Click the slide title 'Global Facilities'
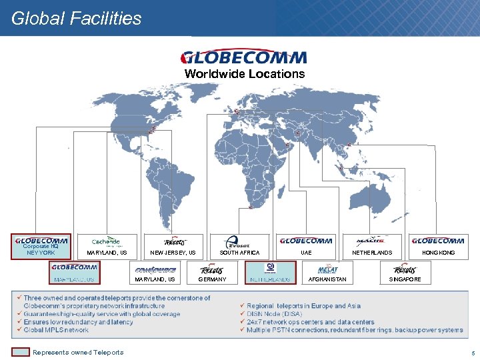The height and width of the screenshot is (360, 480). tap(77, 18)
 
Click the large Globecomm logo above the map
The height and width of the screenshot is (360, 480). tap(244, 57)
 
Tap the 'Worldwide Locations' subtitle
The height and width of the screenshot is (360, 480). tap(244, 74)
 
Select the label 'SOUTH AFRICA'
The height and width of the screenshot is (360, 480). tap(239, 253)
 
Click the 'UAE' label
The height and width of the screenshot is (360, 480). tap(306, 253)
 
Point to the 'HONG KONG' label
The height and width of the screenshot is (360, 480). tap(439, 253)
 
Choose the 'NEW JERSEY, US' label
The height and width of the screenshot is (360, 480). tap(173, 253)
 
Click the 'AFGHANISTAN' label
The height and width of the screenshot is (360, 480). tap(329, 279)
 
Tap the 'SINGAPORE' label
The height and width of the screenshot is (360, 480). tap(405, 279)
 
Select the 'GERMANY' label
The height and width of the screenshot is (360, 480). tap(212, 279)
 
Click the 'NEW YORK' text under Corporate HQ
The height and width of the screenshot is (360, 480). tap(41, 253)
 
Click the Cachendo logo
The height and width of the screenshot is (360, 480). tap(106, 241)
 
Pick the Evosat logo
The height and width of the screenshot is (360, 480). tap(238, 242)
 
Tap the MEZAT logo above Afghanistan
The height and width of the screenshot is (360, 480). tap(328, 269)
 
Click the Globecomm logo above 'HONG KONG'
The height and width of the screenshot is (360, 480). tap(438, 241)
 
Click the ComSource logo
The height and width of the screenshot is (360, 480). tap(155, 269)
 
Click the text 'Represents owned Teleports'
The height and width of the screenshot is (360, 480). tap(78, 352)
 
